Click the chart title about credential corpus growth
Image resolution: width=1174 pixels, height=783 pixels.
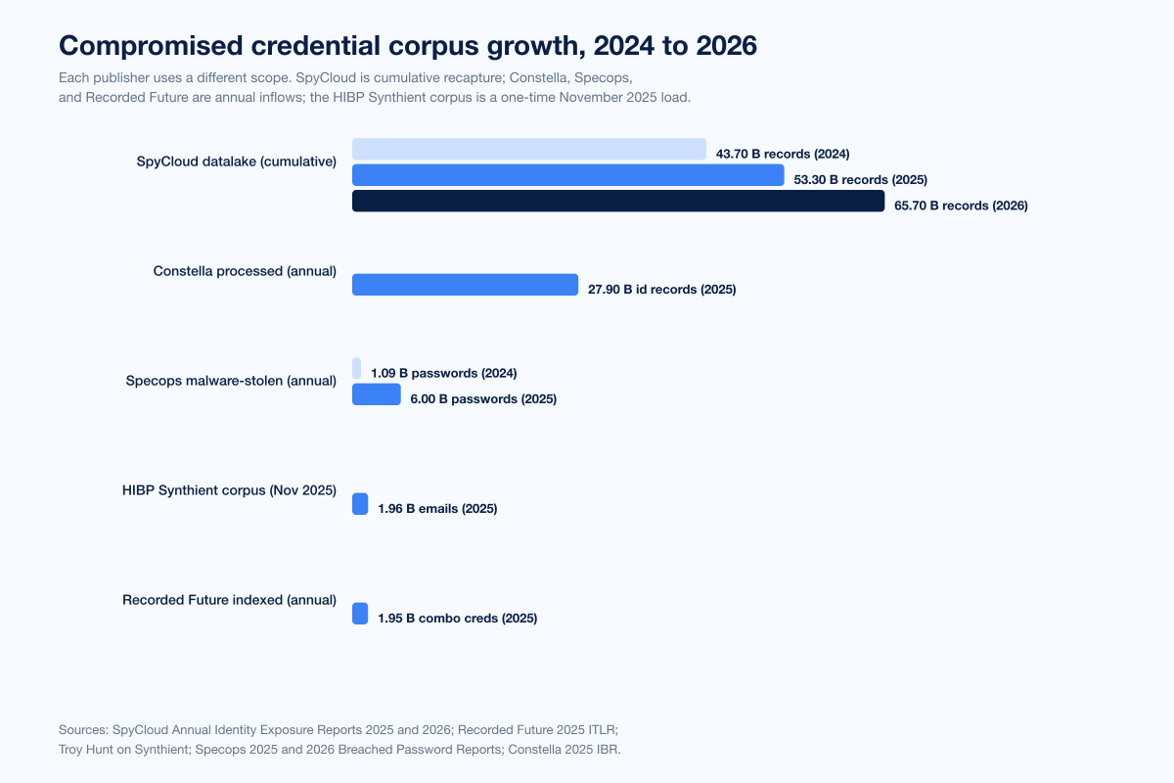click(407, 46)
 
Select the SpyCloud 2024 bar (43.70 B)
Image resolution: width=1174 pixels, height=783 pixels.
click(528, 149)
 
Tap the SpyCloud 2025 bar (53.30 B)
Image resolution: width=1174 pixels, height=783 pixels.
click(567, 175)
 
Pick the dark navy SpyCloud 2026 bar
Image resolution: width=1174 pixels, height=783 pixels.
click(618, 201)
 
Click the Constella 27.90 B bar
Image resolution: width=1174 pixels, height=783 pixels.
click(465, 285)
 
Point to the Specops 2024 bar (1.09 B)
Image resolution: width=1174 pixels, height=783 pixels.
click(356, 369)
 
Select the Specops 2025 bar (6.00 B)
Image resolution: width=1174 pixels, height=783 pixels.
click(376, 394)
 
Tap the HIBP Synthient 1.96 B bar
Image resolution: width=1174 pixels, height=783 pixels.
click(360, 504)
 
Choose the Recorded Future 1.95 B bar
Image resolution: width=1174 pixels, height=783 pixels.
click(360, 614)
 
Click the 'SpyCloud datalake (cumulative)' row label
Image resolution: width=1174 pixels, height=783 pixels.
click(237, 161)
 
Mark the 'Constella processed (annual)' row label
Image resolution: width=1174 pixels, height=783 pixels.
click(245, 271)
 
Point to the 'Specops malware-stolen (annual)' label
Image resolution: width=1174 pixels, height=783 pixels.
click(231, 381)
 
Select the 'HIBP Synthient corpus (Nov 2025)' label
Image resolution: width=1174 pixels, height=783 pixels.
click(229, 490)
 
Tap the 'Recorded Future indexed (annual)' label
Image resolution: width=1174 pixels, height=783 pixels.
click(229, 600)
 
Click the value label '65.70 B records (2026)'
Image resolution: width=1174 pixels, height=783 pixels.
click(961, 207)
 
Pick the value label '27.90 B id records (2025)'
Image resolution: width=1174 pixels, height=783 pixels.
click(661, 290)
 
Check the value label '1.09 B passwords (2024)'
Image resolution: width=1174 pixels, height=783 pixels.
click(443, 374)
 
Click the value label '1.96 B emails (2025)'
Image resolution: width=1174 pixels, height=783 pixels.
click(437, 509)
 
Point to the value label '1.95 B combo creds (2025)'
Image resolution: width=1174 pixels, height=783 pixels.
click(457, 619)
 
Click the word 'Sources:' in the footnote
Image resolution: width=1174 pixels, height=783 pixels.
click(83, 729)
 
